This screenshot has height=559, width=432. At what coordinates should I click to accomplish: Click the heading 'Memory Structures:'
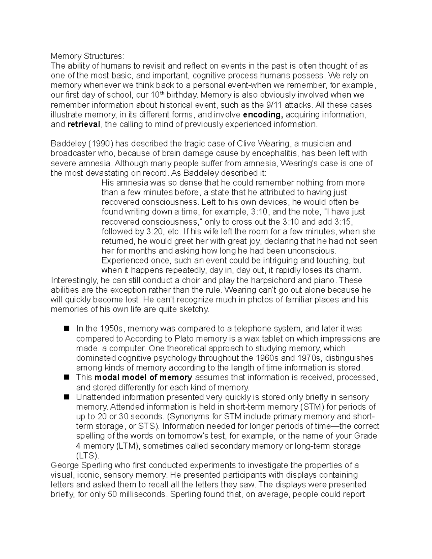[x=87, y=56]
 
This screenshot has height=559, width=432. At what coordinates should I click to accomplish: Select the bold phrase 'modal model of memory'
[x=143, y=378]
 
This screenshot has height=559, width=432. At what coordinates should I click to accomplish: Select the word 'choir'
[x=174, y=280]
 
